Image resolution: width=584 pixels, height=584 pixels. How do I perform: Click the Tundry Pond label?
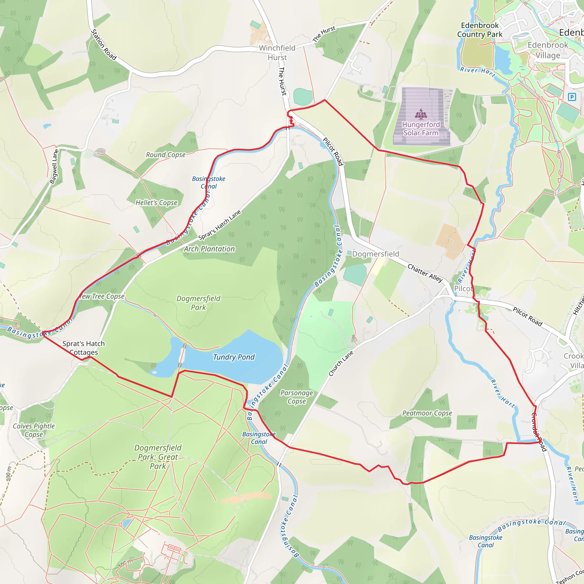(x=234, y=357)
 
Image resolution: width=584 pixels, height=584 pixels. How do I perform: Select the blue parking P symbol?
(x=572, y=97)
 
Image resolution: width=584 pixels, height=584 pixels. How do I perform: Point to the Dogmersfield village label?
(x=376, y=254)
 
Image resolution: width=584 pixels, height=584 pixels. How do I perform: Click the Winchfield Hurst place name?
(x=277, y=52)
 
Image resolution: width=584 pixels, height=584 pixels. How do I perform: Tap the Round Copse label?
(x=166, y=155)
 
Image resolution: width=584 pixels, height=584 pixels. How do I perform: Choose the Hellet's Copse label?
(x=156, y=202)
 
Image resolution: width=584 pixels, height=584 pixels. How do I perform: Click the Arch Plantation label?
(x=209, y=249)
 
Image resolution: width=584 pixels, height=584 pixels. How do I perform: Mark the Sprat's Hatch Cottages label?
(x=84, y=348)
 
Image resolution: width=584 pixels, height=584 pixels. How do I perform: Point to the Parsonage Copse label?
(x=297, y=397)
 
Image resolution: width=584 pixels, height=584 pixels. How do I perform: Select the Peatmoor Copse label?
(x=427, y=413)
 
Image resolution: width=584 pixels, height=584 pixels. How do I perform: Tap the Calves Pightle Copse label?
(x=34, y=430)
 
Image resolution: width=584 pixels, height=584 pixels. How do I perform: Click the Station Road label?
(x=104, y=45)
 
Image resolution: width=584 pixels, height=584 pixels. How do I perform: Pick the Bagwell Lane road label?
(x=54, y=167)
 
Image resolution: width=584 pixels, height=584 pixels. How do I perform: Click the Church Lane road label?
(x=341, y=364)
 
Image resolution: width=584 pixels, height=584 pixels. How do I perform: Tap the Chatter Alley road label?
(x=425, y=273)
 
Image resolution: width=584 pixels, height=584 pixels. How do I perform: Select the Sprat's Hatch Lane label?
(x=220, y=225)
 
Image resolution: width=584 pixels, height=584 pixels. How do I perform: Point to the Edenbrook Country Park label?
(x=479, y=30)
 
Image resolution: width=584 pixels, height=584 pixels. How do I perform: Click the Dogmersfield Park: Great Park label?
(x=158, y=457)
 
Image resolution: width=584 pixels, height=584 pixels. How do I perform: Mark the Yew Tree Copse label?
(x=102, y=296)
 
